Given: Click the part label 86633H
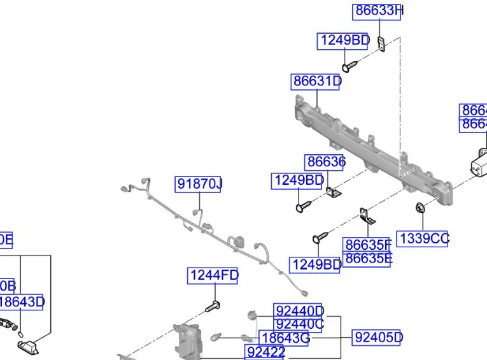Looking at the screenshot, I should [x=378, y=11].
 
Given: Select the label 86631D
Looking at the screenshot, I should [x=316, y=82].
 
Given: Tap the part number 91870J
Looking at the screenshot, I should [x=199, y=185].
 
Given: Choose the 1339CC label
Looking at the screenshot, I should [x=423, y=239].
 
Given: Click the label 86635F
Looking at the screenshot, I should [x=367, y=245].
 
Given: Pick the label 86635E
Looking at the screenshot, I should [x=367, y=259].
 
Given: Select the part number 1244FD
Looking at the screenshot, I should [x=213, y=276].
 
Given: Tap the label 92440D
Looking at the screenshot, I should [x=299, y=310].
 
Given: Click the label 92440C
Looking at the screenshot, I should [x=299, y=324].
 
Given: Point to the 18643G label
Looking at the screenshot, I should [x=285, y=338].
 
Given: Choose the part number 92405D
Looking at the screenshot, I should [x=378, y=337].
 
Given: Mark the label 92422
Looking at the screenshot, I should [x=265, y=352].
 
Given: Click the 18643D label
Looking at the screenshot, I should [x=22, y=302].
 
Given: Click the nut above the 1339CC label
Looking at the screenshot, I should [x=419, y=208].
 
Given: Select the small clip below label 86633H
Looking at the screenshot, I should [x=381, y=44].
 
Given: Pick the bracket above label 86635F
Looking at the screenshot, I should [x=367, y=216].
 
